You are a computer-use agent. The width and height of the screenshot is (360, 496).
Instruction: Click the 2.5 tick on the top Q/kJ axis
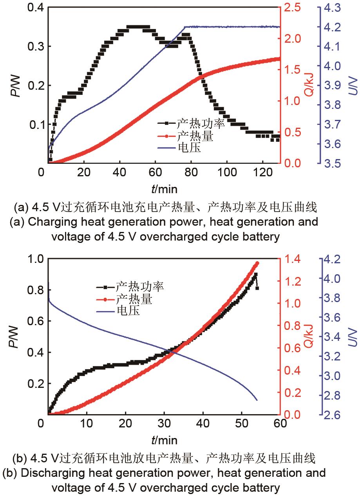pyautogui.click(x=291, y=8)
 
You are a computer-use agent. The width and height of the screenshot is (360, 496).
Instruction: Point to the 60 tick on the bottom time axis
pyautogui.click(x=280, y=424)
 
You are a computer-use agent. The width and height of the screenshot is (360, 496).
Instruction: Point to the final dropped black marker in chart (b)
pyautogui.click(x=257, y=288)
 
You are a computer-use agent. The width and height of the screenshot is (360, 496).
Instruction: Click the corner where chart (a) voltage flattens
pyautogui.click(x=185, y=27)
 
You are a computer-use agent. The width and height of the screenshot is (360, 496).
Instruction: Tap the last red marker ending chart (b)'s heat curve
pyautogui.click(x=257, y=263)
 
